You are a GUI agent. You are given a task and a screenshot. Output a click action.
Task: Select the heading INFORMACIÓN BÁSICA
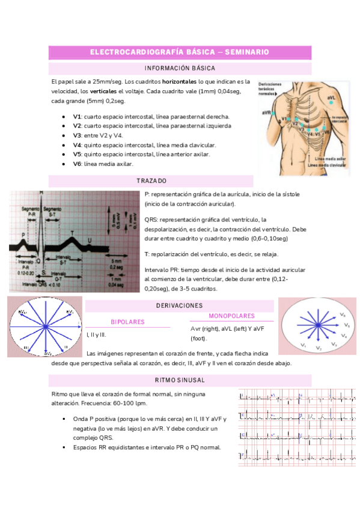180,69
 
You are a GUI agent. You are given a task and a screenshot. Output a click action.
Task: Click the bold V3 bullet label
77,135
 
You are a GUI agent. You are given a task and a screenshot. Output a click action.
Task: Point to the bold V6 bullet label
77,164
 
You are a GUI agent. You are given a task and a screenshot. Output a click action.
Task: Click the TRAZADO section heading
151,181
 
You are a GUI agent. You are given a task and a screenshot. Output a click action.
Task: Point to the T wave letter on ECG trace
73,231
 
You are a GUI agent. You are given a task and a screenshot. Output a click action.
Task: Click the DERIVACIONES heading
178,306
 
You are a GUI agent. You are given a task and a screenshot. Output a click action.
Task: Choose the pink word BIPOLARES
127,322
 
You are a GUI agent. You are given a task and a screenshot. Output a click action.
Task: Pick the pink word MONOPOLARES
231,316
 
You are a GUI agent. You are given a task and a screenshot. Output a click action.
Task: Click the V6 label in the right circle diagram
343,315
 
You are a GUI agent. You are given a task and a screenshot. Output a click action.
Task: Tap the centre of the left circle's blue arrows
45,326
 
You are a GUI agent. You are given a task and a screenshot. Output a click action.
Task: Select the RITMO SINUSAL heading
179,380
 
